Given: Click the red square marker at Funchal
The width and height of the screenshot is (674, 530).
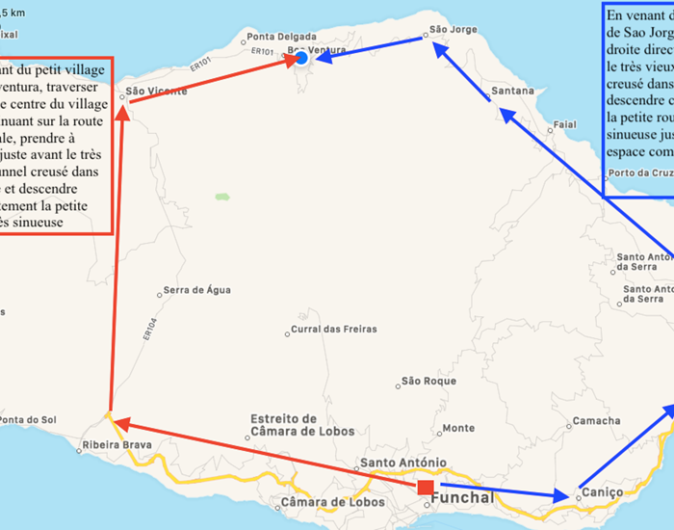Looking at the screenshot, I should (426, 488).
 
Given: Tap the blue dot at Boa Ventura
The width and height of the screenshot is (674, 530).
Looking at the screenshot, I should (301, 59).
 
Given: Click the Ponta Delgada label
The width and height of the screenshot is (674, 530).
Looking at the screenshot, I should (274, 38).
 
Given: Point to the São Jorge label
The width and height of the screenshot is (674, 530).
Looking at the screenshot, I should (453, 30).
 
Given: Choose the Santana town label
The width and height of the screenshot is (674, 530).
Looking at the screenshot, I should (512, 92).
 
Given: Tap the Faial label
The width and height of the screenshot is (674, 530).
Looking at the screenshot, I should (565, 124).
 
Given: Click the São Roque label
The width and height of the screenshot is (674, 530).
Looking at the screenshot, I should (428, 382).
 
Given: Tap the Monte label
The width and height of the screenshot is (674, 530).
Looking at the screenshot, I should (457, 428).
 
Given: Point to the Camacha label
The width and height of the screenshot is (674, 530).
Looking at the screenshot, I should (597, 421).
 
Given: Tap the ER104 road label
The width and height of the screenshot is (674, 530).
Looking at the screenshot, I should (148, 331).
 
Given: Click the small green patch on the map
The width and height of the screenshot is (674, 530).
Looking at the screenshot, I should (222, 197).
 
